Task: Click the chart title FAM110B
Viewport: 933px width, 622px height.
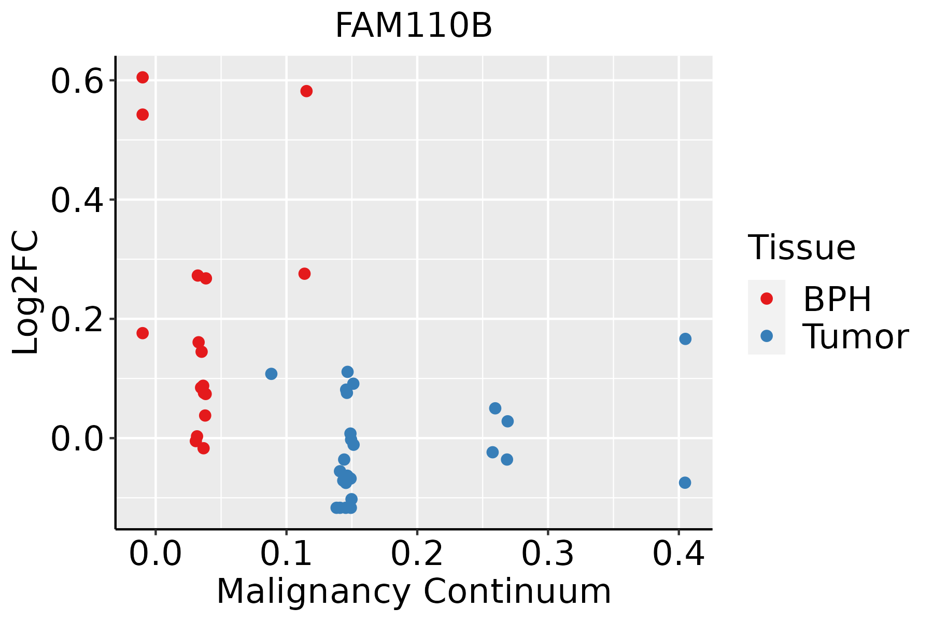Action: coord(414,26)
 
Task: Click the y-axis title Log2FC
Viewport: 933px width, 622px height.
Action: coord(26,293)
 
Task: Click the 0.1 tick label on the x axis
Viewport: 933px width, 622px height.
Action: coord(286,555)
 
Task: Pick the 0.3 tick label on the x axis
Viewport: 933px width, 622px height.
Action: coord(547,555)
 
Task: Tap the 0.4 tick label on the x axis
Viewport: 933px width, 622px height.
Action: coord(678,555)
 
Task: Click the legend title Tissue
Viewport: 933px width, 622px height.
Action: coord(802,248)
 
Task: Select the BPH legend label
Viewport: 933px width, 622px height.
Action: coord(837,299)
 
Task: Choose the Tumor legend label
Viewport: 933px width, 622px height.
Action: coord(855,337)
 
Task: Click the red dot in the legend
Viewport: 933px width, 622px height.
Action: coord(766,298)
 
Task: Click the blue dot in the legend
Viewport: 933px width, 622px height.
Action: coord(766,336)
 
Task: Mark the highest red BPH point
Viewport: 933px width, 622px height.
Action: coord(143,77)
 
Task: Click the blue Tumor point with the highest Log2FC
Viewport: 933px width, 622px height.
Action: coord(685,339)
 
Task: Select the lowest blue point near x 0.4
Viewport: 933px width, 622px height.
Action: coord(685,483)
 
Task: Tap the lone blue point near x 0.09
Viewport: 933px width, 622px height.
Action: coord(271,374)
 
